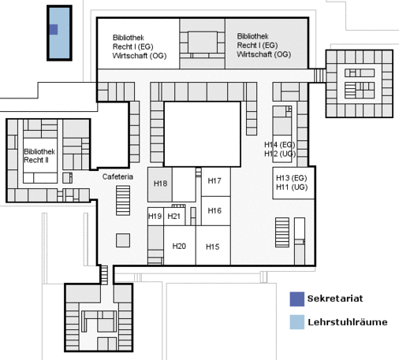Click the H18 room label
(x=160, y=184)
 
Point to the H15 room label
(x=212, y=247)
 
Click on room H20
(x=180, y=245)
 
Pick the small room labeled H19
(x=155, y=217)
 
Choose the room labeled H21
(x=174, y=217)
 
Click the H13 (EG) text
(x=292, y=178)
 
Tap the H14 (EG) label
(x=280, y=145)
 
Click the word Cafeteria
(x=117, y=176)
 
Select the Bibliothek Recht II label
(x=39, y=156)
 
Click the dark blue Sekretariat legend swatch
(x=297, y=299)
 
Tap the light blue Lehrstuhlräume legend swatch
(x=297, y=322)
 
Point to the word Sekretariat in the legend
(x=335, y=299)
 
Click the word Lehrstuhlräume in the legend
(x=348, y=322)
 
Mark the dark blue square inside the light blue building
(x=54, y=29)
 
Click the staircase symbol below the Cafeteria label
(x=123, y=201)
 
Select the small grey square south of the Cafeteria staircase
(x=123, y=240)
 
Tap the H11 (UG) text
(x=292, y=187)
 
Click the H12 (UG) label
(x=280, y=154)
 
